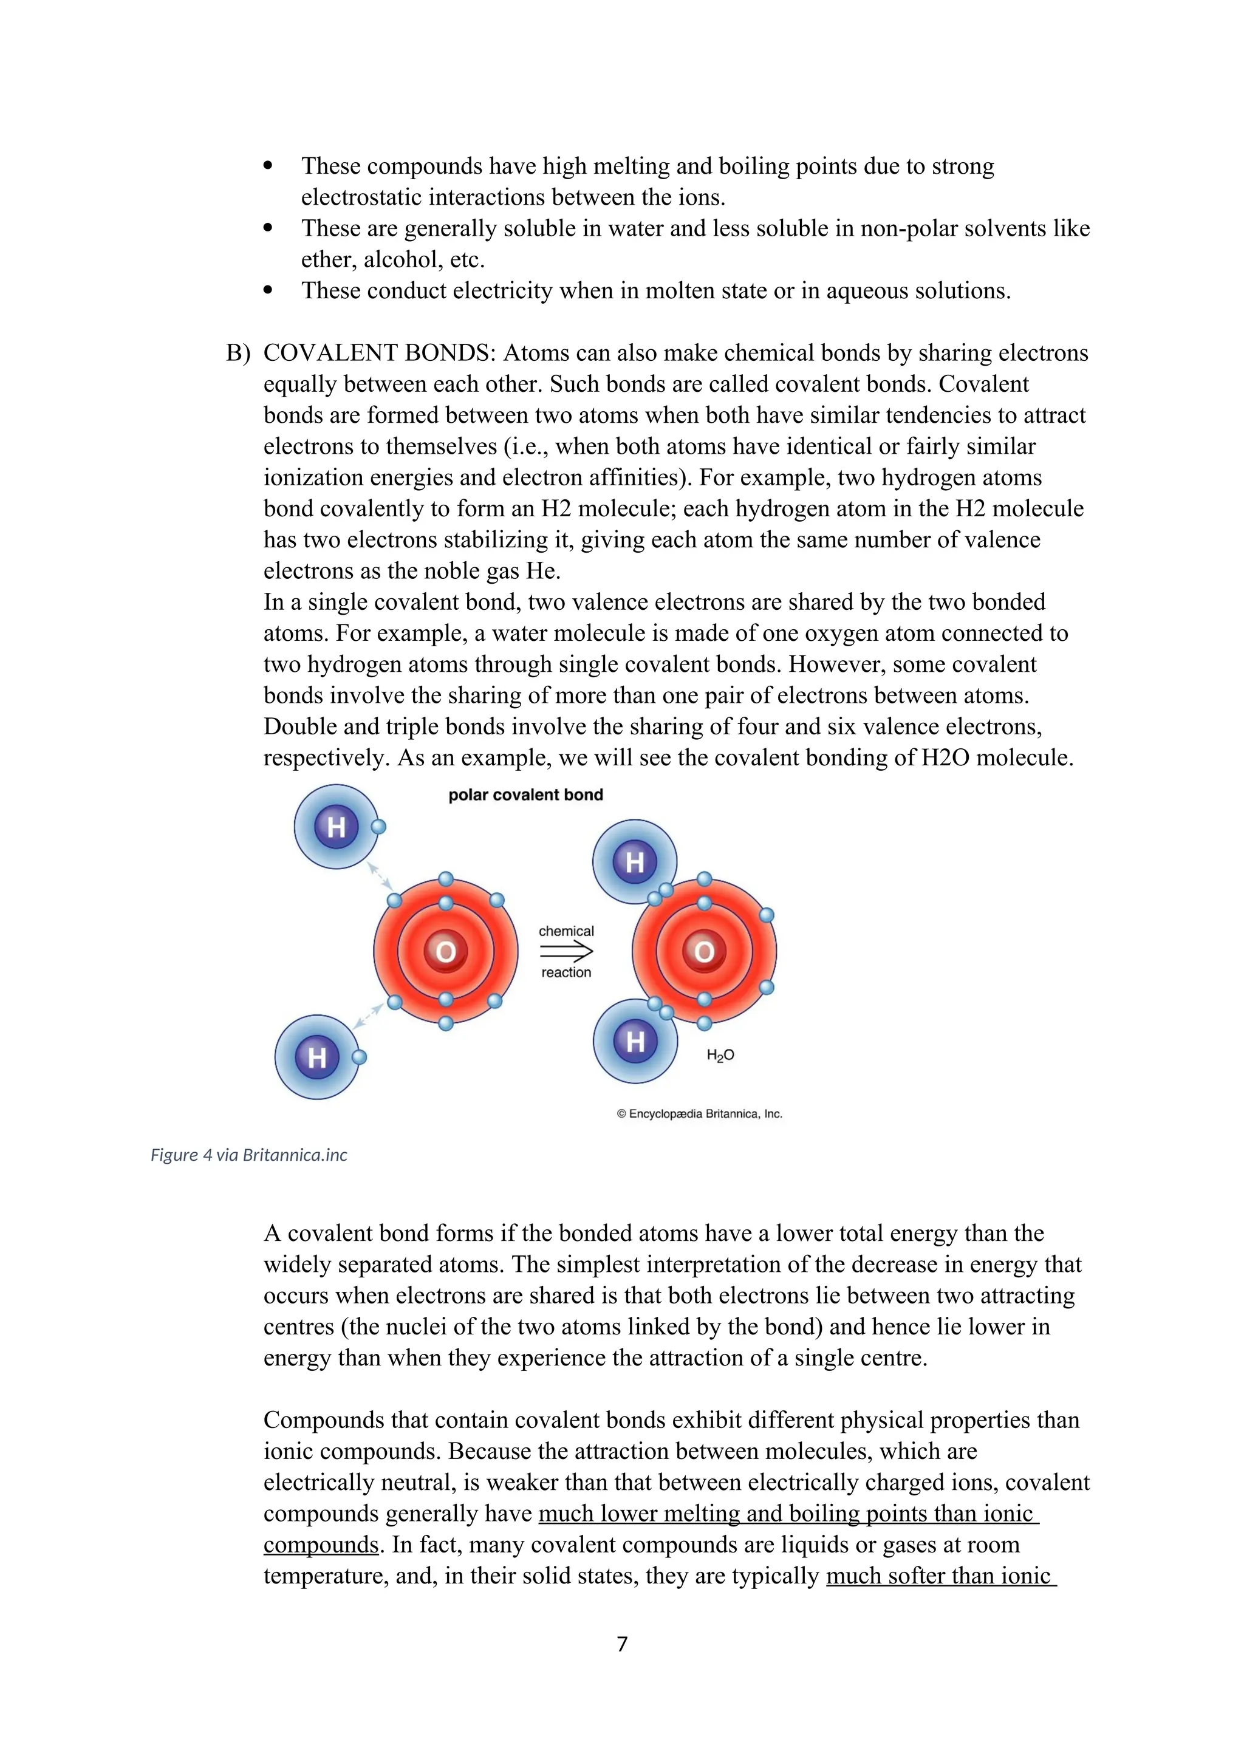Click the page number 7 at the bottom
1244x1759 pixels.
click(622, 1644)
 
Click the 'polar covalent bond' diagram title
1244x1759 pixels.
click(525, 794)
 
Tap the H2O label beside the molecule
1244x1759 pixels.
click(720, 1055)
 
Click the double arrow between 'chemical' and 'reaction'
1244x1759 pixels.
click(566, 952)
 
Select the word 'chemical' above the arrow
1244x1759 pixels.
click(566, 931)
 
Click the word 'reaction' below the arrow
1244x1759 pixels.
click(566, 972)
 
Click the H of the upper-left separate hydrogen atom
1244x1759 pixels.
click(337, 827)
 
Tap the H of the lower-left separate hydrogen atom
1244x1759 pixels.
click(317, 1057)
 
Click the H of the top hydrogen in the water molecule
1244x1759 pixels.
click(634, 862)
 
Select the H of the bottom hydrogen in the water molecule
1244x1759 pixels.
click(635, 1041)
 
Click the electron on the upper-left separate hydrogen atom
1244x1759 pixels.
click(378, 827)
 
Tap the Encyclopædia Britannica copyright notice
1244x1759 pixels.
click(699, 1114)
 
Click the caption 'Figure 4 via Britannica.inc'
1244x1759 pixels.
click(249, 1155)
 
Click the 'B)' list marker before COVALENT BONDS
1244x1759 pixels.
click(238, 353)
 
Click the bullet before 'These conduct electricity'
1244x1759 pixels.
click(267, 290)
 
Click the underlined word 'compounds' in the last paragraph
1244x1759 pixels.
click(321, 1545)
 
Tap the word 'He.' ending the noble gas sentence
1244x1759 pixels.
click(543, 571)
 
